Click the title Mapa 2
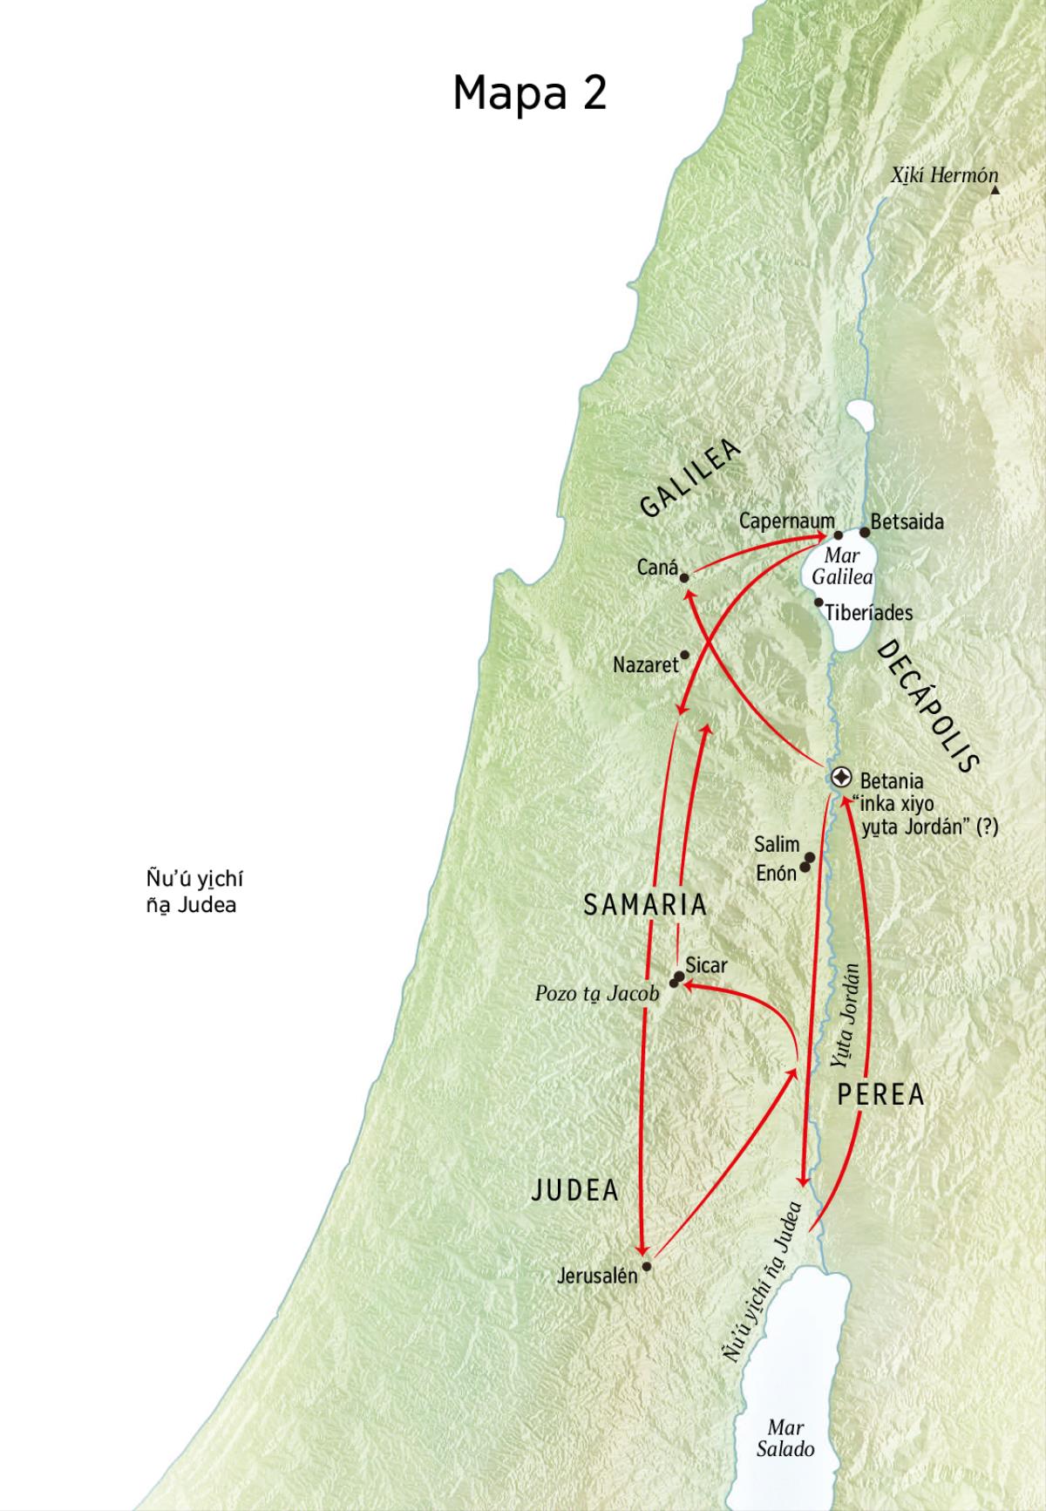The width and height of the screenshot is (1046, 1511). pos(529,92)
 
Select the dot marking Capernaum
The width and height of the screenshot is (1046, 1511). pos(839,535)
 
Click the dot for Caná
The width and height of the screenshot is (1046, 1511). pos(684,577)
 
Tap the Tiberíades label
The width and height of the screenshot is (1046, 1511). pos(869,613)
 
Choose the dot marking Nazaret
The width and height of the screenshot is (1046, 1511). pos(684,655)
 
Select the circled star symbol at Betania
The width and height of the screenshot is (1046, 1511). pos(841,777)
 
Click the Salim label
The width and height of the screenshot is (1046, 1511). pos(777,844)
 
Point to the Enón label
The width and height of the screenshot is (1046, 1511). pos(776,872)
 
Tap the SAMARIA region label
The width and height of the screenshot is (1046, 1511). pos(645,905)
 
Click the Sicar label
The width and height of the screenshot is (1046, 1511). pos(706,965)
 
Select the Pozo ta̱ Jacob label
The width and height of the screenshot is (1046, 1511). pos(597,994)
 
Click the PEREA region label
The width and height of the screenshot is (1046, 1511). pos(880,1095)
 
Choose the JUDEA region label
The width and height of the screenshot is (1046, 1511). pos(575,1190)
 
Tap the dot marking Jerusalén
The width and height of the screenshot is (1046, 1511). pos(646,1266)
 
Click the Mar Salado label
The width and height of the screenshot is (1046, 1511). pos(785,1439)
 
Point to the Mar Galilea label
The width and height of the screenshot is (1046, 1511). pos(842,567)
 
